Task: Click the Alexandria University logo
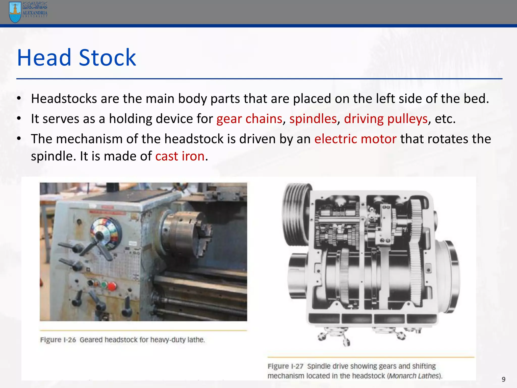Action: click(28, 12)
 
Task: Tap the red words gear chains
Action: click(249, 118)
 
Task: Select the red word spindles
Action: click(313, 118)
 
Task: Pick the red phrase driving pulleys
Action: click(386, 118)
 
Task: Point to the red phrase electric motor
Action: click(355, 139)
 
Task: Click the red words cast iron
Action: click(180, 156)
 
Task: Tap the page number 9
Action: click(503, 379)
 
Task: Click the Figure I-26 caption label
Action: click(58, 340)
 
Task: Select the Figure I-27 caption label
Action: click(285, 366)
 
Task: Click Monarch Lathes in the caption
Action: click(414, 376)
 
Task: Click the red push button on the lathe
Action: click(112, 286)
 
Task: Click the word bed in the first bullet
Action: click(476, 99)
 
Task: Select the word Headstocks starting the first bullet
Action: click(64, 99)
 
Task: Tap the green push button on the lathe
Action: click(104, 285)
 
